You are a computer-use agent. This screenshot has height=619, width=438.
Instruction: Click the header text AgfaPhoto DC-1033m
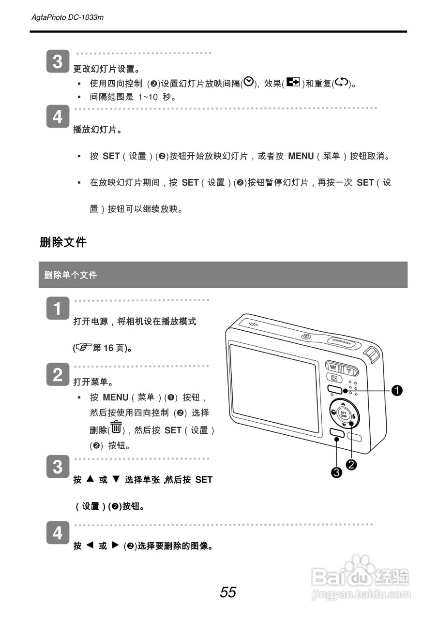click(x=67, y=17)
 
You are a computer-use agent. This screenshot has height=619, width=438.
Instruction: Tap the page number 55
click(x=228, y=592)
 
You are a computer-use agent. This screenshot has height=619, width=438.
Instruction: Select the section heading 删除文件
click(x=63, y=242)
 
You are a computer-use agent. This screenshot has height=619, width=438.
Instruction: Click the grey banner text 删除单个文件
click(x=71, y=275)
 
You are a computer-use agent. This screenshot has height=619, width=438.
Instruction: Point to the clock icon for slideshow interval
click(x=248, y=82)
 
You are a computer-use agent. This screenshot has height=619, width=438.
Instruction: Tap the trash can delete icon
click(x=116, y=428)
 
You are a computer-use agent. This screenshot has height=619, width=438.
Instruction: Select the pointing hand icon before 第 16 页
click(x=83, y=348)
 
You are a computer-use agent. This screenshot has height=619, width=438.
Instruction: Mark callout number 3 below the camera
click(x=337, y=472)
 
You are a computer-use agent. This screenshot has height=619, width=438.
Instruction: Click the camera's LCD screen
click(x=274, y=387)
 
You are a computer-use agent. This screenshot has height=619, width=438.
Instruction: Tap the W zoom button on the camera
click(x=332, y=366)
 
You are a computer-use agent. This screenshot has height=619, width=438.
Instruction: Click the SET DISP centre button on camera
click(x=343, y=414)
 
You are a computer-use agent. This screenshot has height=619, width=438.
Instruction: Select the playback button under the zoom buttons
click(x=334, y=378)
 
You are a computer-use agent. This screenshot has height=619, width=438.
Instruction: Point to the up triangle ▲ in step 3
click(x=90, y=479)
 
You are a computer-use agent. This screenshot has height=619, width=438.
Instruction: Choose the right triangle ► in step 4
click(x=115, y=545)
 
